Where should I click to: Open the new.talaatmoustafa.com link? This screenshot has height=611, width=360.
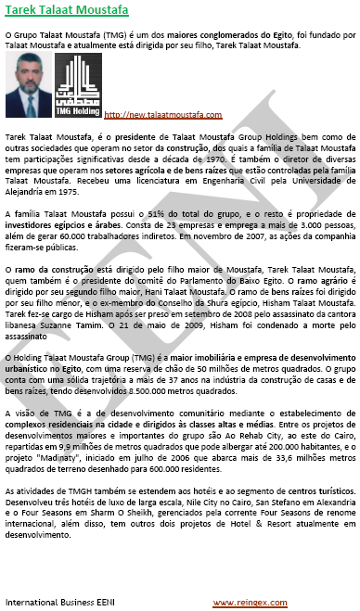(162, 115)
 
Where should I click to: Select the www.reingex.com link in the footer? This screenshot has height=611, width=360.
(246, 602)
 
